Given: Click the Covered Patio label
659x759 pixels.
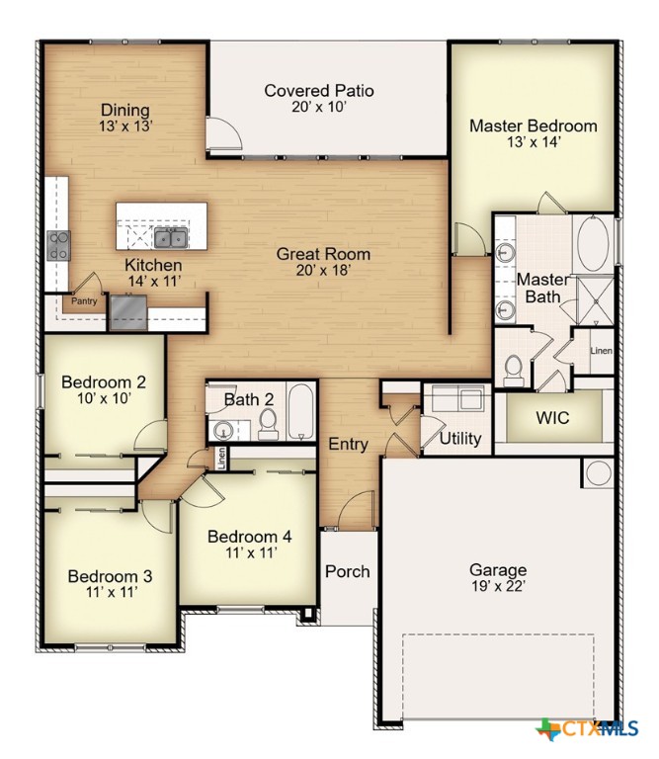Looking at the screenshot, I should [319, 91].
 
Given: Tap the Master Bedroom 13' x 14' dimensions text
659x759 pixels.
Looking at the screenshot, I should [533, 142].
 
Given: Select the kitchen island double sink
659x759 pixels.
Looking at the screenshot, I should [169, 237].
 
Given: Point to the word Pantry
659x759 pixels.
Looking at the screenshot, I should [82, 301].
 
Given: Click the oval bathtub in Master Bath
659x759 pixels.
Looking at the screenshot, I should [593, 243].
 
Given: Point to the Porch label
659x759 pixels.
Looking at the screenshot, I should [348, 571].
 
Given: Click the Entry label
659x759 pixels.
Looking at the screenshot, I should [348, 445].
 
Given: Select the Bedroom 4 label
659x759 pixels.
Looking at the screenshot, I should [249, 537].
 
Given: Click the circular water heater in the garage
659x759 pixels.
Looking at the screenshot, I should [597, 473].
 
